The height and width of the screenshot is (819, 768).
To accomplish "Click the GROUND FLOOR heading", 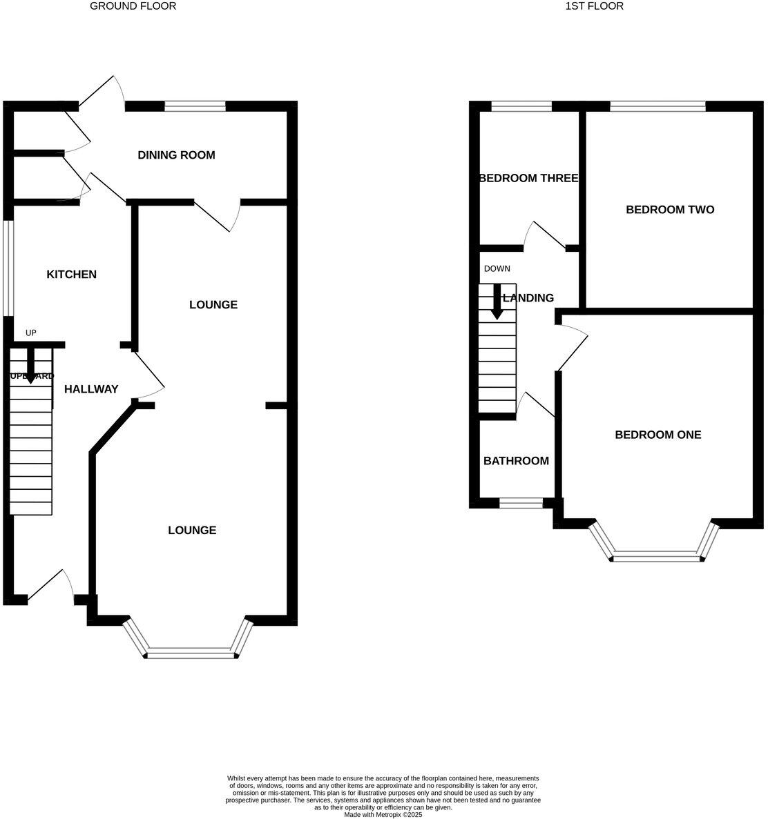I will (133, 6).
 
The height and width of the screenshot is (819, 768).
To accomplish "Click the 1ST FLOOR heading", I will (594, 6).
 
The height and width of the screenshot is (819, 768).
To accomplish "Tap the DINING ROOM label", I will (176, 155).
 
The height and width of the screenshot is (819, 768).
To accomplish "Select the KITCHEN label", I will (71, 275).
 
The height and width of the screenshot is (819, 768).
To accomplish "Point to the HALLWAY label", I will (91, 389).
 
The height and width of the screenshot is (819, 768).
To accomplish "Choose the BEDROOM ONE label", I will (657, 435).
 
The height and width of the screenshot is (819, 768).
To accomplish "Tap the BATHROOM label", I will (516, 461).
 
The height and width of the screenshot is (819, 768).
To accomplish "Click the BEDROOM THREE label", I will (528, 178).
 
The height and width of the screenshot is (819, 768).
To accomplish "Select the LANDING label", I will (528, 298).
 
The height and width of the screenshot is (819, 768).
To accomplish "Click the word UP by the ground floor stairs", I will (30, 333).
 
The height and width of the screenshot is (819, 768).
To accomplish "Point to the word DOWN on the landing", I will (497, 268).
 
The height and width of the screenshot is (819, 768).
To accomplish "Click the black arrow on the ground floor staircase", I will (30, 366).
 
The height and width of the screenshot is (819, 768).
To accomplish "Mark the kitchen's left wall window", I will (8, 268).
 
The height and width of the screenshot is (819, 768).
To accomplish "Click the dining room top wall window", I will (195, 106).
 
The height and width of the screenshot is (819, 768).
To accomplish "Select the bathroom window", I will (521, 504).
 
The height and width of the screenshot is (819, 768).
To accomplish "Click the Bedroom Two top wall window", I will (657, 106).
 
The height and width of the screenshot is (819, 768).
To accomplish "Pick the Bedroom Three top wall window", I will (521, 106).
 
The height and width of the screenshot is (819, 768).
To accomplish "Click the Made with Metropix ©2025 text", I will (383, 814).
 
